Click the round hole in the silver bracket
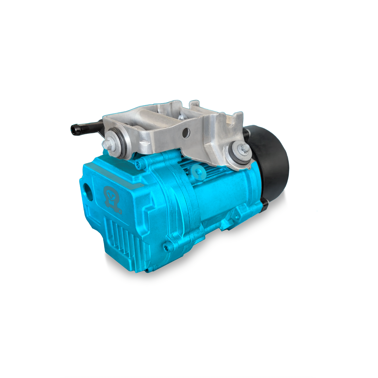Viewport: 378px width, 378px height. click(x=185, y=132)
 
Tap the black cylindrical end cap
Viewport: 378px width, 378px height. click(x=275, y=164)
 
